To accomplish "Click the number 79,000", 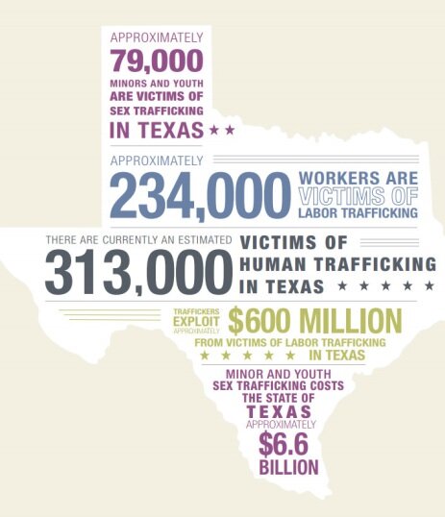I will (157, 62).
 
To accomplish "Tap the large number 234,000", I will (200, 195).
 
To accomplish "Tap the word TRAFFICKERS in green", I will (197, 310).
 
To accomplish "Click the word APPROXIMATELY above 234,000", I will (157, 160).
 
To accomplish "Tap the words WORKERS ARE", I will (358, 178).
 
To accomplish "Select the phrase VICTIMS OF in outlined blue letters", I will (358, 195).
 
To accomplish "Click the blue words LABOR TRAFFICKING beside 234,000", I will (358, 213).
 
